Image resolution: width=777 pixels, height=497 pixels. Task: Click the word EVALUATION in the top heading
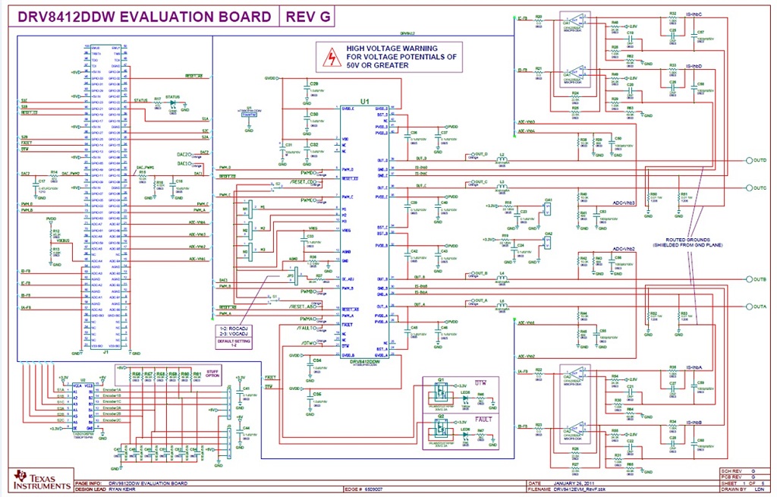pyautogui.click(x=162, y=17)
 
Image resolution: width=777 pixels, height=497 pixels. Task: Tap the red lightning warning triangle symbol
pyautogui.click(x=331, y=56)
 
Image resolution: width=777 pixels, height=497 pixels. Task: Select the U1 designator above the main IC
pyautogui.click(x=365, y=101)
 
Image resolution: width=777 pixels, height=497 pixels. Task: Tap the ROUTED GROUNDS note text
pyautogui.click(x=688, y=240)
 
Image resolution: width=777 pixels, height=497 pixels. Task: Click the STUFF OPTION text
pyautogui.click(x=213, y=374)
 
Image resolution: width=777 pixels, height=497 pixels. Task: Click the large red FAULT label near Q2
pyautogui.click(x=483, y=418)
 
